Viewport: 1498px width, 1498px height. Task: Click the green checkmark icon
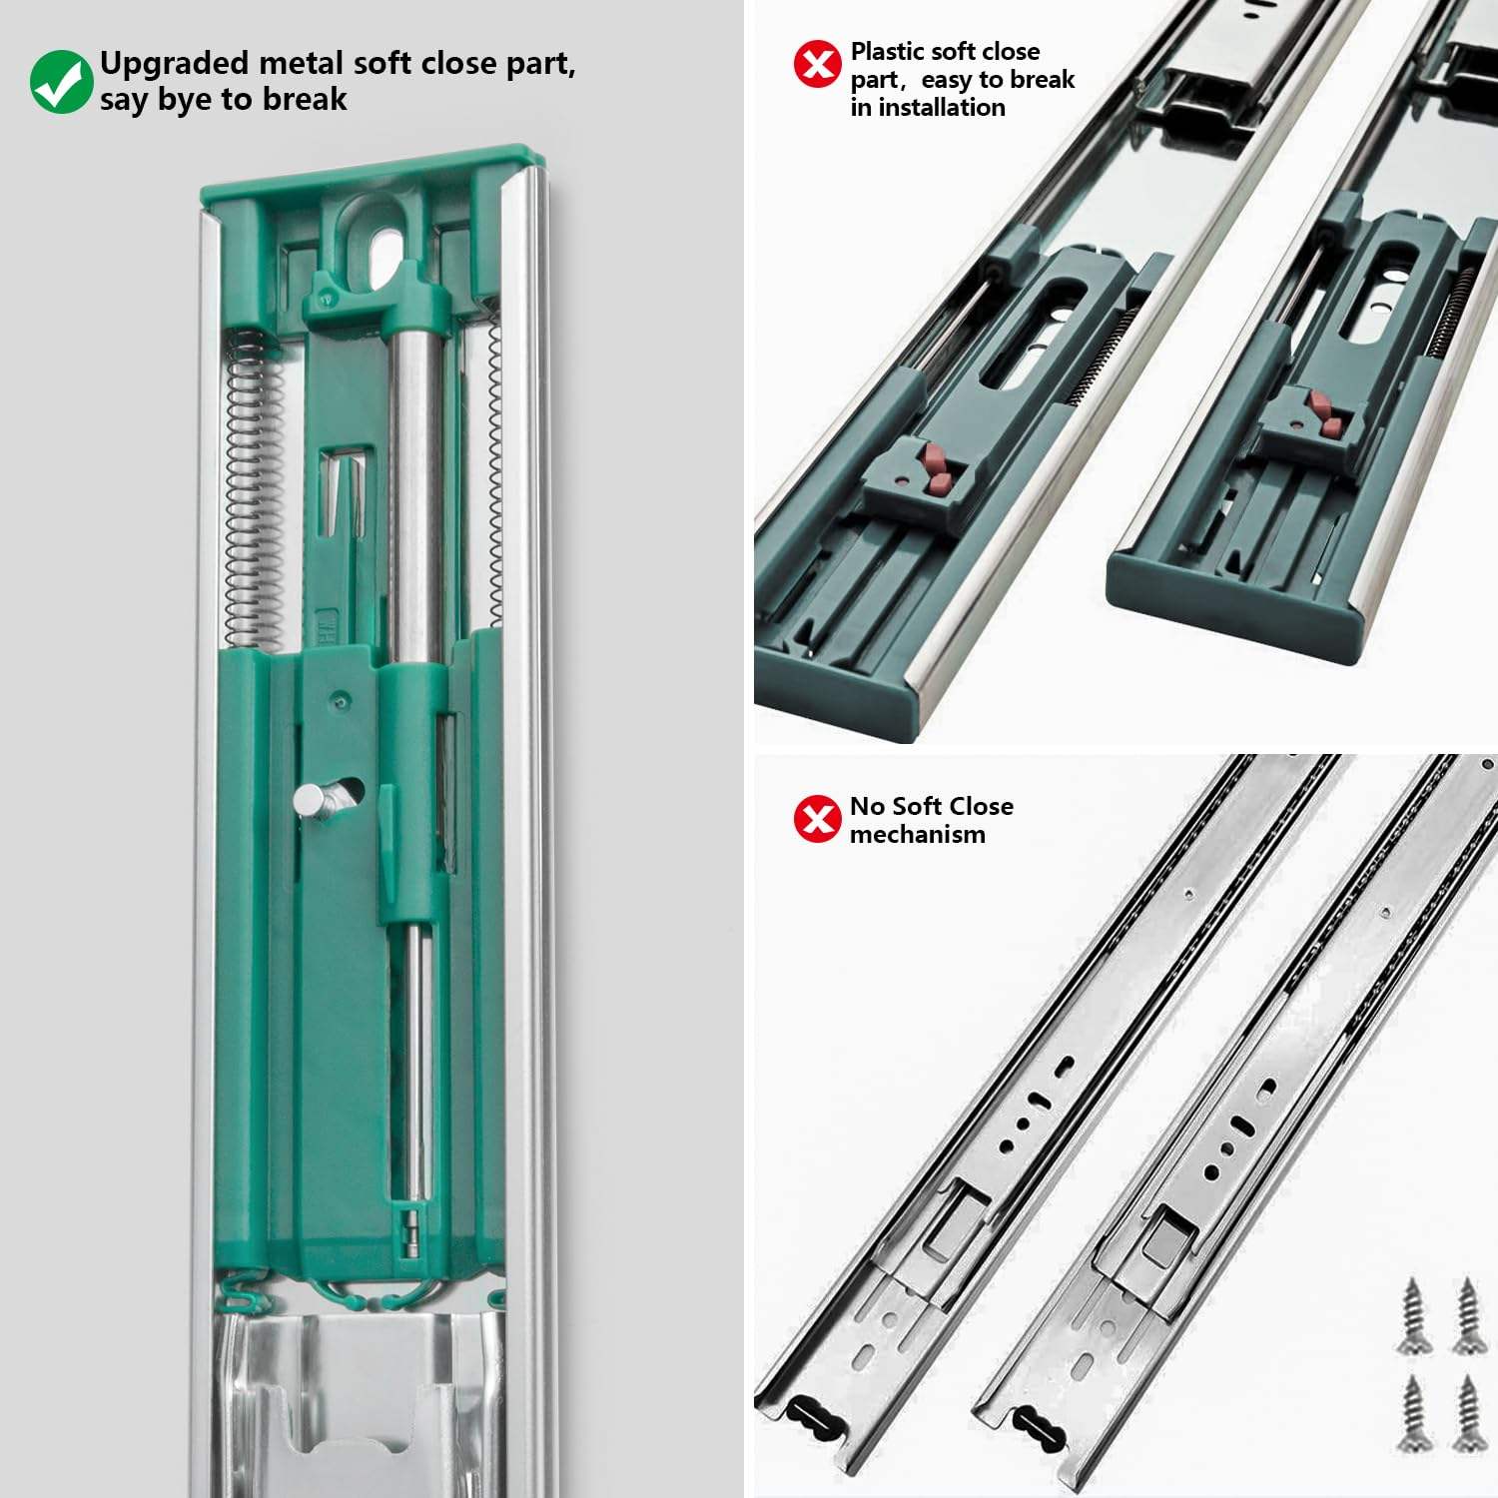[60, 82]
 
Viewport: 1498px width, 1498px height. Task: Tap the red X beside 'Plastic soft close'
[817, 65]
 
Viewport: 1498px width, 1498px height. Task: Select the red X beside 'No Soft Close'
[817, 819]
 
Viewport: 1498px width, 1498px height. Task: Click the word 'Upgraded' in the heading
[175, 64]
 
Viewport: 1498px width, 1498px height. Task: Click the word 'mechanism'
[917, 835]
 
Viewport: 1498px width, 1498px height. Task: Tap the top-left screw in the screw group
[1412, 1315]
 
